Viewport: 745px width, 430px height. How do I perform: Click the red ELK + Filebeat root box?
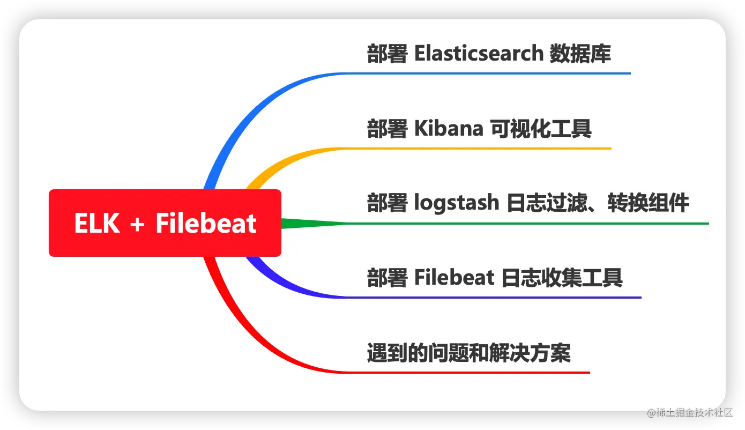point(165,223)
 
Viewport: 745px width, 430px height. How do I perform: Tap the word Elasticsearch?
point(479,53)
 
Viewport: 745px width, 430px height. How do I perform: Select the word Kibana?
point(449,129)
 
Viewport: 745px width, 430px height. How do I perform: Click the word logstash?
point(457,203)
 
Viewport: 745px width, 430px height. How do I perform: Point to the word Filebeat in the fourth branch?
point(455,278)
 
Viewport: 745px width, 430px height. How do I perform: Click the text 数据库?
point(580,54)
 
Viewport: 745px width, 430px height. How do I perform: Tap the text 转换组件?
point(648,203)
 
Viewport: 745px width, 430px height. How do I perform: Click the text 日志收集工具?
point(561,278)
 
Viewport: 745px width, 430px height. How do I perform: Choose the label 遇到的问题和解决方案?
point(469,353)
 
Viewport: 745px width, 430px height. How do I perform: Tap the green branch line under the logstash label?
point(496,224)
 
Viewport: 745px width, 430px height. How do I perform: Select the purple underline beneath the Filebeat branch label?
point(493,298)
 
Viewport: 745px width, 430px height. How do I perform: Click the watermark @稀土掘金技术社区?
point(690,413)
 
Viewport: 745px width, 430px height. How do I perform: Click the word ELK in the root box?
point(97,223)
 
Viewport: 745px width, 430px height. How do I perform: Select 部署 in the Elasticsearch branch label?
point(387,54)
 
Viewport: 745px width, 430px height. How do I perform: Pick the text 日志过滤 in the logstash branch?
point(547,203)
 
